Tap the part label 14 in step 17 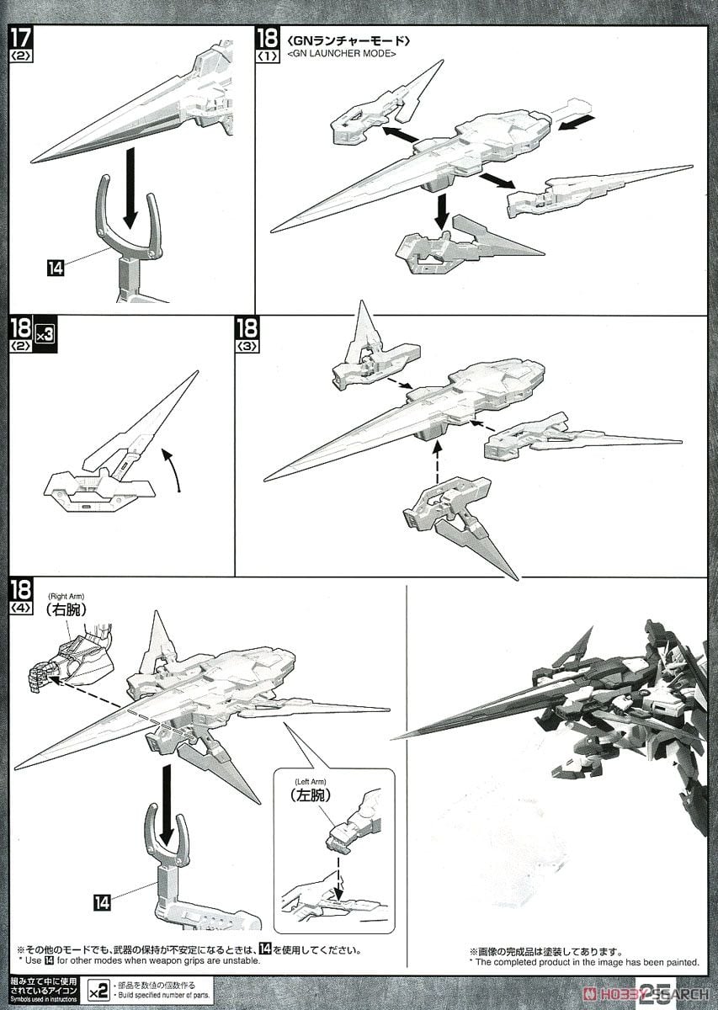(x=56, y=268)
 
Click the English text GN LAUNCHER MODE (x=342, y=54)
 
